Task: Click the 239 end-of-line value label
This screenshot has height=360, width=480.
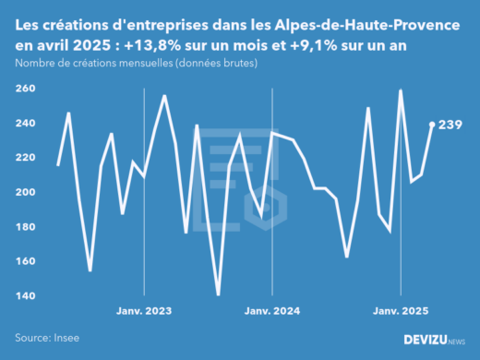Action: (x=450, y=125)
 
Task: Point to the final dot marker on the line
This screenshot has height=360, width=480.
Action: (x=432, y=124)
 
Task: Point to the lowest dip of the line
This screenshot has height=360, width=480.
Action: (x=218, y=295)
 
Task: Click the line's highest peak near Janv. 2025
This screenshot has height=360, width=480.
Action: (x=401, y=90)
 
